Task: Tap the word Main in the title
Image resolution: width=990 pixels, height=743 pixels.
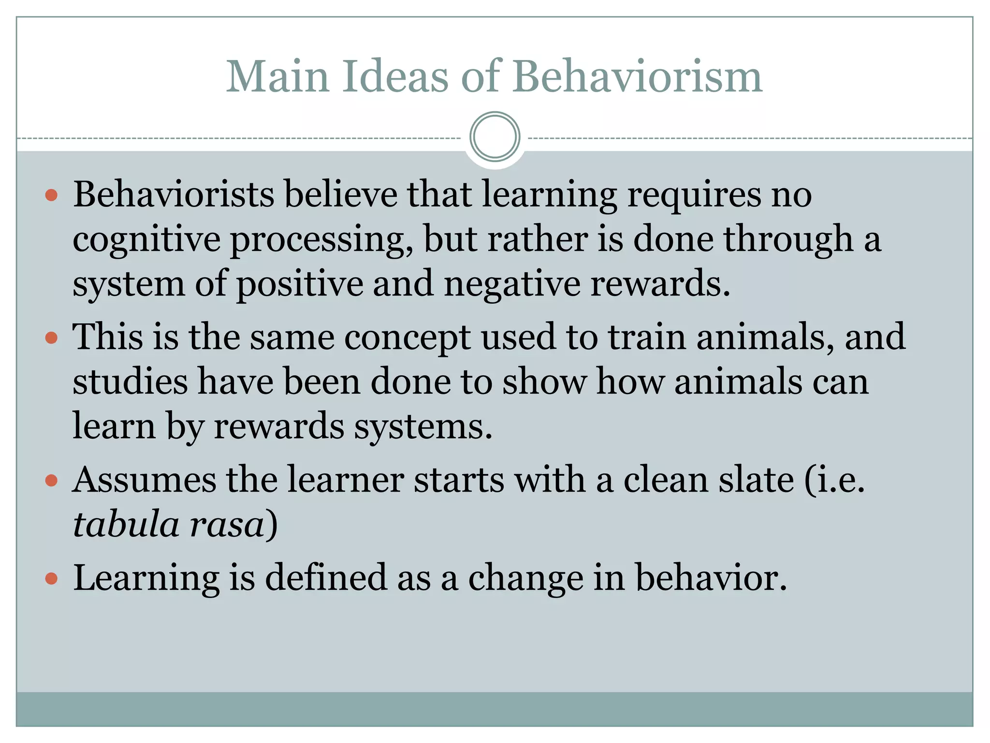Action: pos(277,77)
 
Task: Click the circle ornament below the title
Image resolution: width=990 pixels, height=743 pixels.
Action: pos(495,137)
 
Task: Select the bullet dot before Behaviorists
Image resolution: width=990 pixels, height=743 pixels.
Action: pos(51,196)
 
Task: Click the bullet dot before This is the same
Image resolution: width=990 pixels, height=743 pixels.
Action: pos(51,338)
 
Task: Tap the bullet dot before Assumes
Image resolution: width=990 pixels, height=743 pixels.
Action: pos(51,481)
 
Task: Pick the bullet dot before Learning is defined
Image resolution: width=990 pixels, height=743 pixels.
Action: pos(51,579)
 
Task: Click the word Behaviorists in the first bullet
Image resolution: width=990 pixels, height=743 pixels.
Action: pos(174,195)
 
